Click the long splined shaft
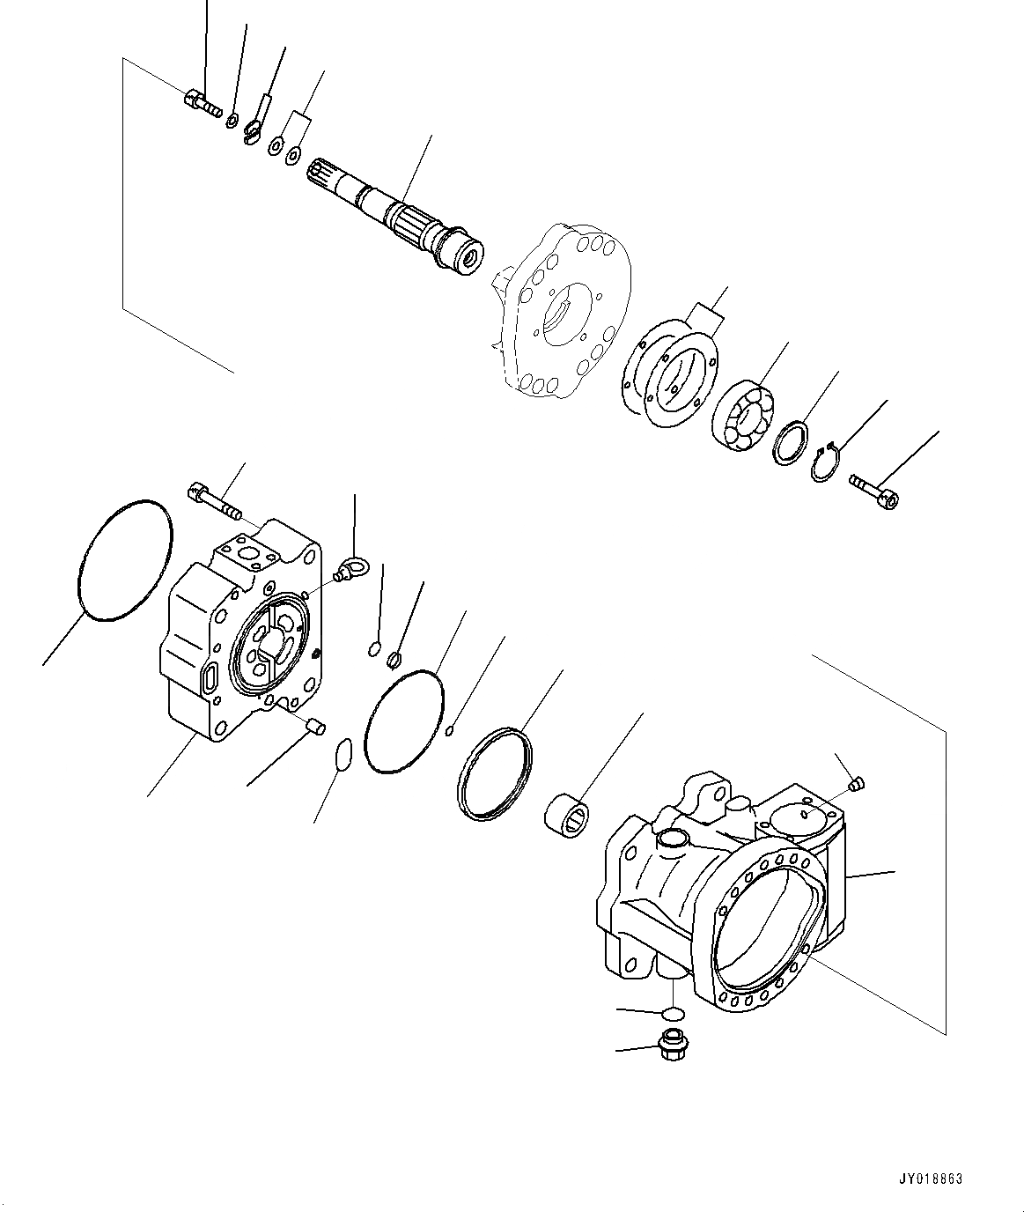pos(396,210)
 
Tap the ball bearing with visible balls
pos(743,414)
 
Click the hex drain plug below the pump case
pos(673,1046)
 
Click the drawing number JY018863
pos(931,1178)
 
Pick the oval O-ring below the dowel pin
pos(344,756)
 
